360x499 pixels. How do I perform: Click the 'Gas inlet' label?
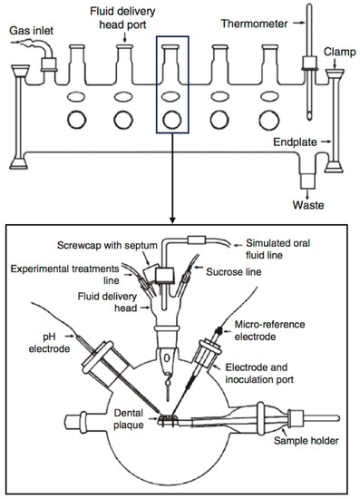(31, 31)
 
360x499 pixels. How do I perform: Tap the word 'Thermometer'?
(255, 24)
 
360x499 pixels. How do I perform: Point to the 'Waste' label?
(308, 205)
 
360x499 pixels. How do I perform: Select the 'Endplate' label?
(295, 142)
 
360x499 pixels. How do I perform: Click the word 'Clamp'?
(340, 52)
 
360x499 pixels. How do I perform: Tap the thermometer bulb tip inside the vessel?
(309, 116)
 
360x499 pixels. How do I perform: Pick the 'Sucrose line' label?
(233, 272)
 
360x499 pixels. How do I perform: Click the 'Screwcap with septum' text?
(107, 245)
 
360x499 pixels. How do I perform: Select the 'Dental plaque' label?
(129, 419)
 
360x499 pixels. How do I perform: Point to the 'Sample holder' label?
(306, 441)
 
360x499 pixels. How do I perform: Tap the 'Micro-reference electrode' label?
(269, 330)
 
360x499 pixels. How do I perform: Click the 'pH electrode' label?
(49, 343)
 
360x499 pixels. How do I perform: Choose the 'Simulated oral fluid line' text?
(277, 249)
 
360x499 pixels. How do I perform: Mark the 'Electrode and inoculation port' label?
(258, 373)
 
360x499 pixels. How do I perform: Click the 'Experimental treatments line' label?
(65, 274)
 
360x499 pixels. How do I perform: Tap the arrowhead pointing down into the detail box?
(172, 220)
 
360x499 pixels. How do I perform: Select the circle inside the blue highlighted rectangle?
(172, 121)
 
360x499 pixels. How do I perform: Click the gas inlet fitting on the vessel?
(48, 64)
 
